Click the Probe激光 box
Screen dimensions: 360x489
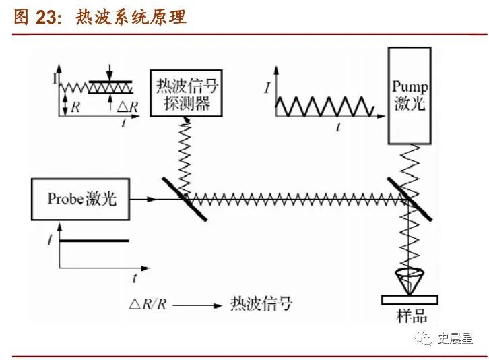click(81, 199)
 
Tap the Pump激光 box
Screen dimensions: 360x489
click(410, 97)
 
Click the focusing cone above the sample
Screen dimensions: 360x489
click(408, 280)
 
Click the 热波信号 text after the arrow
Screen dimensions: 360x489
click(261, 304)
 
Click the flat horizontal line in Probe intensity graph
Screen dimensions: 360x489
click(94, 241)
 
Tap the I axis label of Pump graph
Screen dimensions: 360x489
click(267, 88)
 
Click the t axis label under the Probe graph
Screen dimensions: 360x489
click(135, 277)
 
